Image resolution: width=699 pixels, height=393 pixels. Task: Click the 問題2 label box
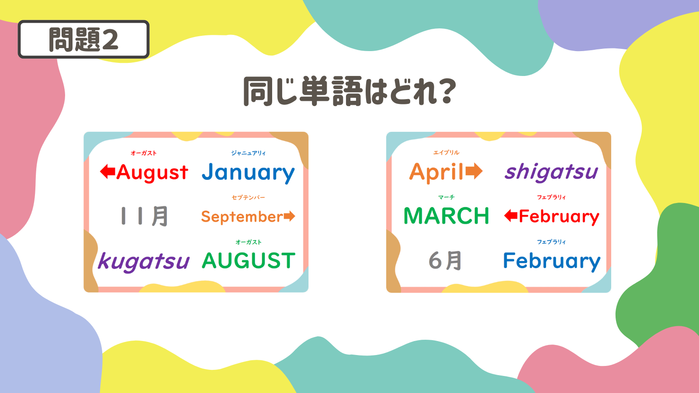(x=83, y=39)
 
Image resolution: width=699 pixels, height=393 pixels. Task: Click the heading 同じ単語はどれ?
(x=349, y=91)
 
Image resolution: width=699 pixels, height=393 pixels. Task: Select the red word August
(x=152, y=172)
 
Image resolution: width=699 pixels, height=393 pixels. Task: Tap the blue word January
(x=248, y=172)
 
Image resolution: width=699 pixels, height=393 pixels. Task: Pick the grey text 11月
(x=144, y=216)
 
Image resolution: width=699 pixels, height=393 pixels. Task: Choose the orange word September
(x=242, y=217)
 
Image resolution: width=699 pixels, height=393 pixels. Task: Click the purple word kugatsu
(x=144, y=262)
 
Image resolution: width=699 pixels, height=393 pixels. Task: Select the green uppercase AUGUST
(x=249, y=260)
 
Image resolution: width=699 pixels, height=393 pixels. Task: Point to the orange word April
(x=437, y=172)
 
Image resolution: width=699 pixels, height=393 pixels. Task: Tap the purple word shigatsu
(x=551, y=172)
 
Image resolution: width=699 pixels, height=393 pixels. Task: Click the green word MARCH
(x=446, y=216)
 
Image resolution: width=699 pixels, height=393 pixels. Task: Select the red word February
(x=559, y=217)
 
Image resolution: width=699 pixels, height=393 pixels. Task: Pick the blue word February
(x=552, y=261)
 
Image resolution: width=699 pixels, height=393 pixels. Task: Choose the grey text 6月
(x=445, y=260)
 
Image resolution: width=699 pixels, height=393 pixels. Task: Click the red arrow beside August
(x=107, y=172)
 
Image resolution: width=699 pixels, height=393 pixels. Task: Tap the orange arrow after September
(x=289, y=216)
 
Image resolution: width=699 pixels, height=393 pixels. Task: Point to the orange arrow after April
(x=474, y=171)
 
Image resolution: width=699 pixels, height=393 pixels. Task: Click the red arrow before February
(x=511, y=216)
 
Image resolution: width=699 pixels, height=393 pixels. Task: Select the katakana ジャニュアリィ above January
(x=248, y=153)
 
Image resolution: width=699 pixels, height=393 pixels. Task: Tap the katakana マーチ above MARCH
(x=446, y=197)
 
